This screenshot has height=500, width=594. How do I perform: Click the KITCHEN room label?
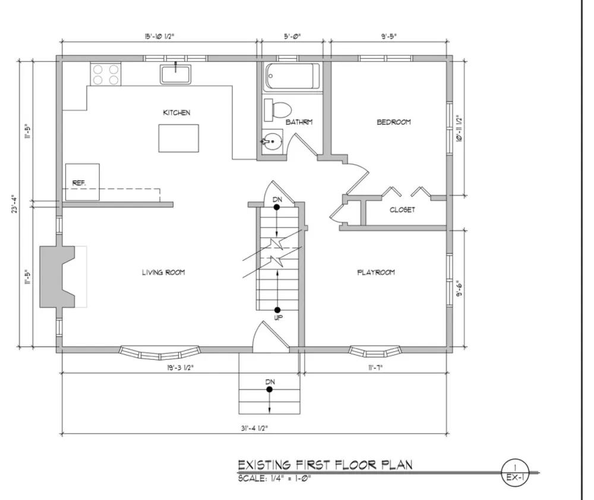tap(176, 112)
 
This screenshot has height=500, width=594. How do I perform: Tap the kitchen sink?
tap(175, 74)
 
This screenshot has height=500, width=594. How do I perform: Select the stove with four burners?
tap(106, 74)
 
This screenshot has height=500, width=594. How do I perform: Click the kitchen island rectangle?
tap(178, 138)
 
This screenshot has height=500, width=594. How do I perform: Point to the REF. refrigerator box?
tap(82, 182)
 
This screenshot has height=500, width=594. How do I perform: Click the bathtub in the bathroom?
tap(292, 76)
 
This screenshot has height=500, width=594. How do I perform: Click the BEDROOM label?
tap(394, 122)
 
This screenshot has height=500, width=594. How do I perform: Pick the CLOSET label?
tap(402, 210)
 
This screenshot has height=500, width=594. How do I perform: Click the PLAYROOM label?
tap(376, 273)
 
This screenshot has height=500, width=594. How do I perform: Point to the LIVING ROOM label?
tap(163, 273)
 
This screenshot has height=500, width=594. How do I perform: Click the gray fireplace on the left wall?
tap(57, 277)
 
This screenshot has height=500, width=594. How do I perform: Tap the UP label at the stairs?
tap(279, 318)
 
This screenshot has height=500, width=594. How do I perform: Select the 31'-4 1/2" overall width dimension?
tap(255, 428)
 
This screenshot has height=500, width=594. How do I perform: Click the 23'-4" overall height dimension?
tap(14, 204)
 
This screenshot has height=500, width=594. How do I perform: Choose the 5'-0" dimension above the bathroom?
tap(292, 36)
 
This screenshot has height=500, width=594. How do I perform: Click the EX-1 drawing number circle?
tap(515, 473)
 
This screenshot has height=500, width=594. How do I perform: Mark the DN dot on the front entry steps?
tap(269, 390)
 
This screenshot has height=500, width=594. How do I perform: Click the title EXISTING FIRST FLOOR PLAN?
tap(325, 465)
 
